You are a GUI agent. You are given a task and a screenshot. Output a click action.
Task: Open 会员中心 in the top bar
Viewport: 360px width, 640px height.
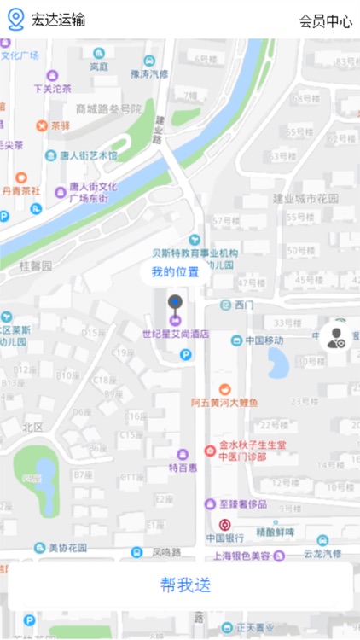[x=325, y=21]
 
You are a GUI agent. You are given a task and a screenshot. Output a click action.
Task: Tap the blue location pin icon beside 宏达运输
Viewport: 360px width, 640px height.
[x=16, y=20]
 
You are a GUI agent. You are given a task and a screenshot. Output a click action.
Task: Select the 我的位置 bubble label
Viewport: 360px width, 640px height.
[x=175, y=272]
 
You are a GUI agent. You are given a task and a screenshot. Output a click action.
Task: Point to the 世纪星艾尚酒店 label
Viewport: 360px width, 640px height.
[x=175, y=335]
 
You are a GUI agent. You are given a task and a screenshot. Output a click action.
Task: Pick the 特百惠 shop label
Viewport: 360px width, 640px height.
[x=183, y=467]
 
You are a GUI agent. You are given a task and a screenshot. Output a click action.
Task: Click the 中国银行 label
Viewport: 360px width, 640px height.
[x=226, y=538]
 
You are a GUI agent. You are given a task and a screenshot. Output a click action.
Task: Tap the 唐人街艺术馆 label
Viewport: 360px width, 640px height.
[x=88, y=156]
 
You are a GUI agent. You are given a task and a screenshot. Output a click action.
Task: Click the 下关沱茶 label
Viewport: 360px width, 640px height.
[x=52, y=87]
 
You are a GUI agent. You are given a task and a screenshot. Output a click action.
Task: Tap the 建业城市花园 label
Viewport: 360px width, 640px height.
[x=305, y=198]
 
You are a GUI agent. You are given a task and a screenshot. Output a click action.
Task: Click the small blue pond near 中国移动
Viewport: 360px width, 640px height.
[x=278, y=363]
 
